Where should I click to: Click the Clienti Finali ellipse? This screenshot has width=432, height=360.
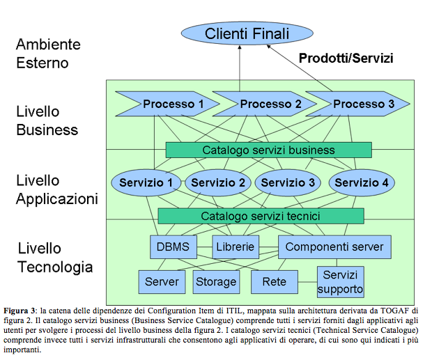(x=247, y=33)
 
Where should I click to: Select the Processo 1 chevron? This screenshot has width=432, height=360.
(x=168, y=104)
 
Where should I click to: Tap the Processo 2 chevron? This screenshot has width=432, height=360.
(x=265, y=104)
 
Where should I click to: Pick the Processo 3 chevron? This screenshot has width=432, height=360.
(x=358, y=104)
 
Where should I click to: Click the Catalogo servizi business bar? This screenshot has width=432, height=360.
(x=269, y=150)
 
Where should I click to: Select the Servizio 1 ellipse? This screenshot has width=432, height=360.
(x=146, y=182)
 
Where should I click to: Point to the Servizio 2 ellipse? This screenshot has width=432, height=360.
(x=218, y=182)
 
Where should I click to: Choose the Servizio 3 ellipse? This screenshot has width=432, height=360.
(x=288, y=182)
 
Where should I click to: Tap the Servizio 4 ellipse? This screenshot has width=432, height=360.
(x=362, y=182)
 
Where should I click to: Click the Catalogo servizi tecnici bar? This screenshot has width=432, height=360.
(x=261, y=216)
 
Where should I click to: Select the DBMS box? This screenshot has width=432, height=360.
(x=173, y=247)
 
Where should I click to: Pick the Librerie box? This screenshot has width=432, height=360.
(x=236, y=247)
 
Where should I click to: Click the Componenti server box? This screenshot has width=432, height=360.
(x=334, y=247)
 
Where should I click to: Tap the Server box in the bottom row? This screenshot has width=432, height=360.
(x=162, y=282)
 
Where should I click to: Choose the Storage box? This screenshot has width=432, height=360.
(x=216, y=282)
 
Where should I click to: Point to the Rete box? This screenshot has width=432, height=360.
(x=275, y=282)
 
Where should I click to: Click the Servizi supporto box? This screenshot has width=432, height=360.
(x=341, y=282)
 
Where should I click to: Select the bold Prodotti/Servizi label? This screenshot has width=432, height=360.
(x=346, y=58)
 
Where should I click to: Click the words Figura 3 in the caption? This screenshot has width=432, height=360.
(x=20, y=311)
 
